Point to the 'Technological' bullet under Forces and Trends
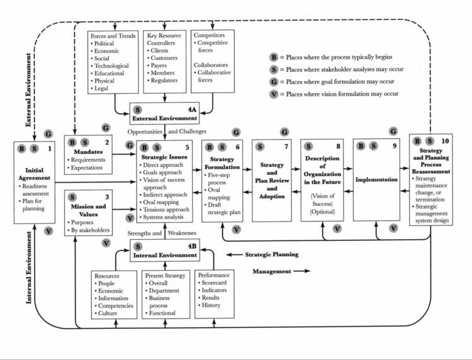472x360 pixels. point(111,65)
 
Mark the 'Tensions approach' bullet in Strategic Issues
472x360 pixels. point(167,209)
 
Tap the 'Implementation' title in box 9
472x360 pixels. point(378,179)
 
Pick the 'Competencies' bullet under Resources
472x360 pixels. point(114,305)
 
